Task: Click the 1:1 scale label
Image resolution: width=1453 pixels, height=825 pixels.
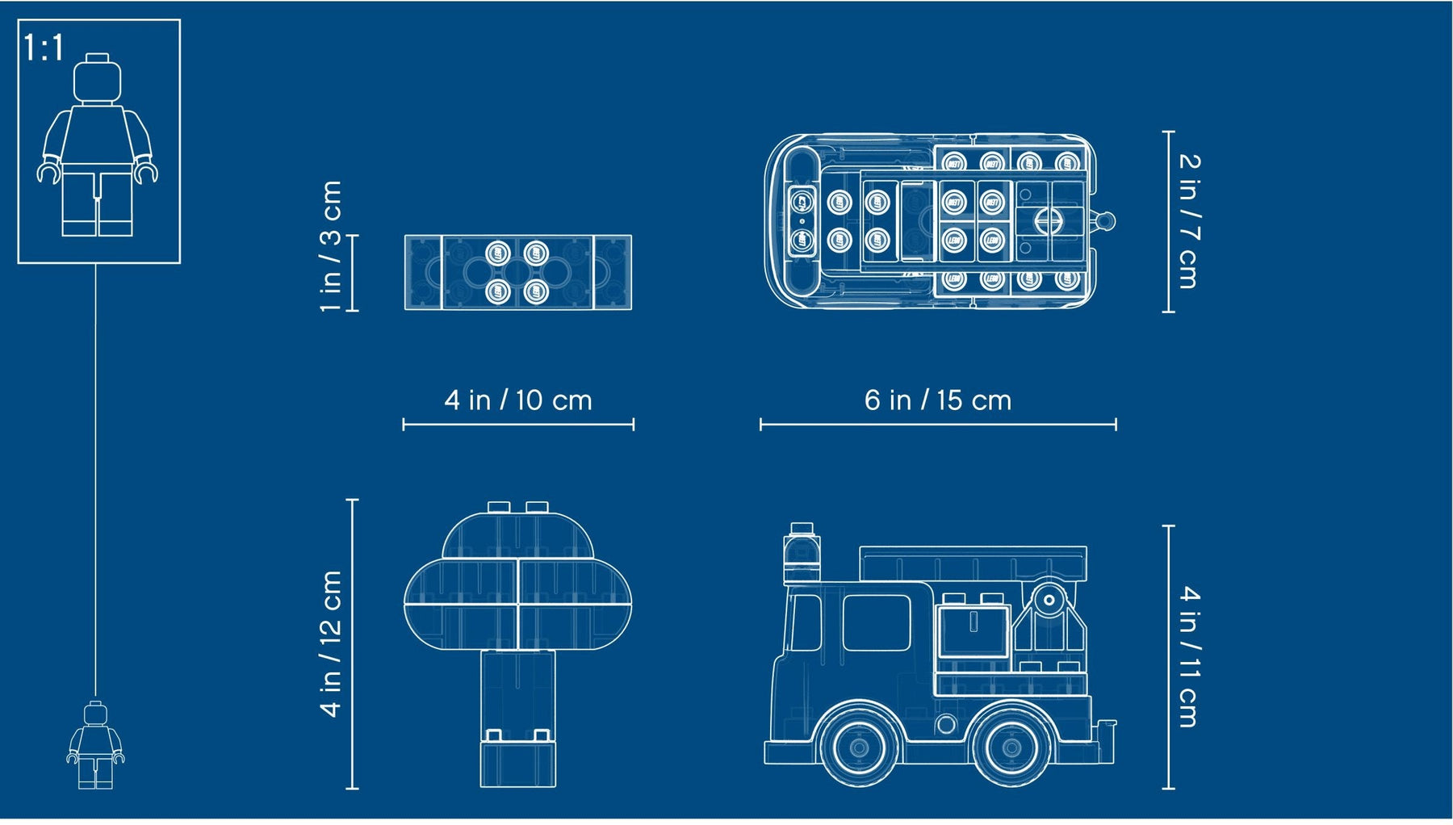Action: [x=44, y=48]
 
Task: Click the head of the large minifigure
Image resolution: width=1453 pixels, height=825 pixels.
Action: [x=97, y=78]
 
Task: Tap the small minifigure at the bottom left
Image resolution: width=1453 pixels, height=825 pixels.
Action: [x=95, y=745]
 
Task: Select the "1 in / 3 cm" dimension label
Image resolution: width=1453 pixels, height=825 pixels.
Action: [x=331, y=246]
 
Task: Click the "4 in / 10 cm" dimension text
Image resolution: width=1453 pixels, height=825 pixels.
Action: [x=518, y=400]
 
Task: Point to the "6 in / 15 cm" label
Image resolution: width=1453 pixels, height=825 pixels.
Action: [x=938, y=400]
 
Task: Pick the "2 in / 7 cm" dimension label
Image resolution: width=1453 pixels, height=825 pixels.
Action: [x=1189, y=220]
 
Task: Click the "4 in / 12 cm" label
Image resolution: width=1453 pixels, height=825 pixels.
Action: [x=331, y=643]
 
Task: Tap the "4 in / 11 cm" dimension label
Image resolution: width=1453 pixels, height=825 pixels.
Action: [x=1189, y=656]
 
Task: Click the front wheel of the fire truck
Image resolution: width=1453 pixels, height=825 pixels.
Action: [x=859, y=747]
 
